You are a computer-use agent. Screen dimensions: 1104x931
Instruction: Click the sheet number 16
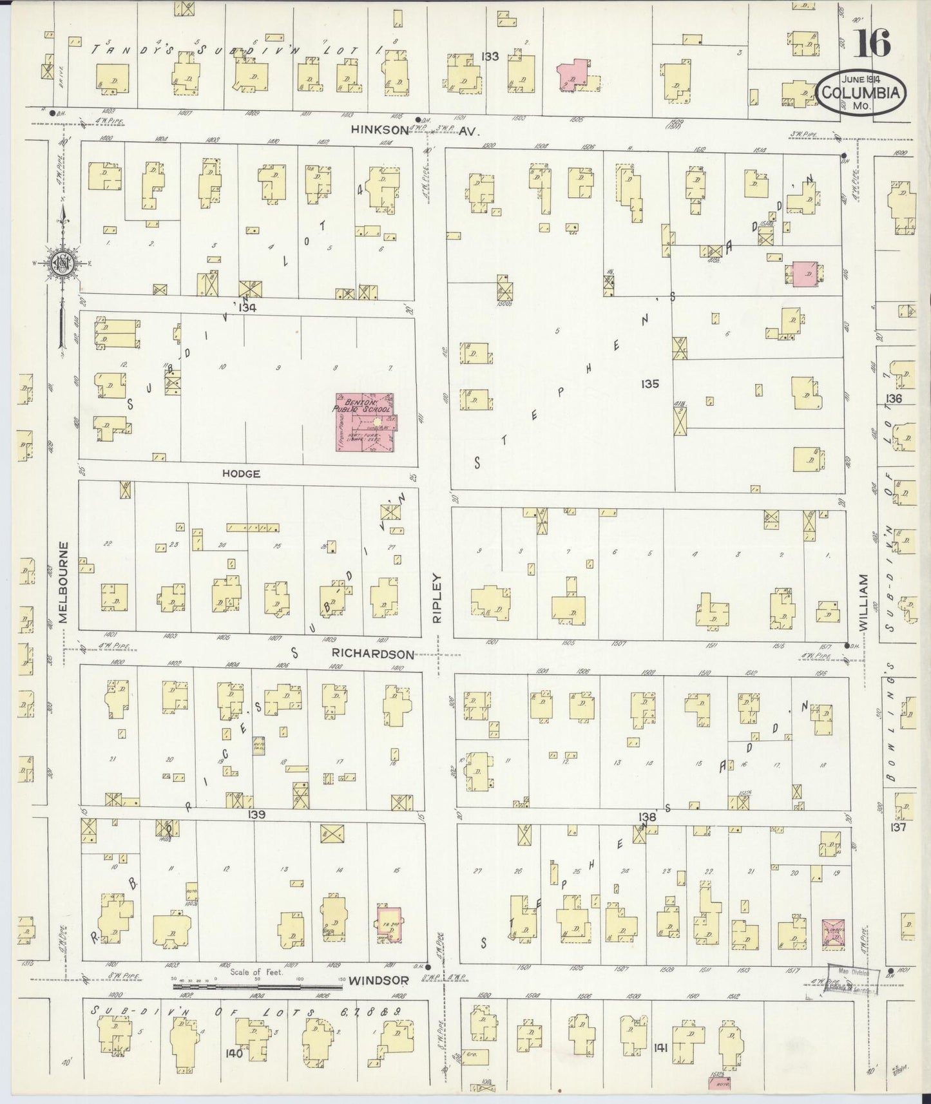[x=873, y=44]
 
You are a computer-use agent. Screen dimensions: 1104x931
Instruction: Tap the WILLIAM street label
[x=863, y=602]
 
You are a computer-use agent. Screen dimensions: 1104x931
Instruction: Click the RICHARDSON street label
[x=372, y=654]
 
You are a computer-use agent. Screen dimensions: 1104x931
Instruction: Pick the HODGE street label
[x=241, y=473]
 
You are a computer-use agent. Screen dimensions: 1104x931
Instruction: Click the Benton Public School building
[x=364, y=422]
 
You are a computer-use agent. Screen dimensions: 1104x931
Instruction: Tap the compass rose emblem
[x=62, y=263]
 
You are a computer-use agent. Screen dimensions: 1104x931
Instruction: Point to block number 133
[x=490, y=57]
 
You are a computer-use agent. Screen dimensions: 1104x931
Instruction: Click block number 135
[x=650, y=384]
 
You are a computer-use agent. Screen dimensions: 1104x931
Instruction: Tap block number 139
[x=256, y=815]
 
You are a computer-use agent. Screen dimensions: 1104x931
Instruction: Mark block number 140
[x=234, y=1053]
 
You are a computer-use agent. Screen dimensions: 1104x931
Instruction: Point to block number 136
[x=894, y=399]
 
